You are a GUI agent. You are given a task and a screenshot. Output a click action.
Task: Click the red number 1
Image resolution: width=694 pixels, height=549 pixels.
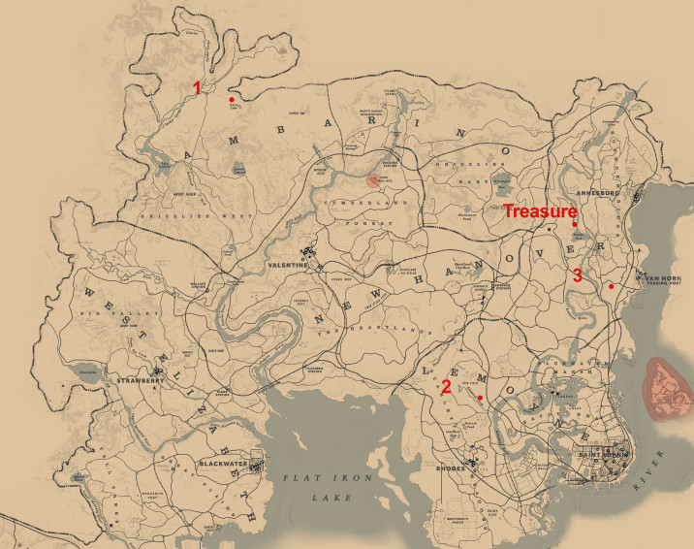[x=198, y=87]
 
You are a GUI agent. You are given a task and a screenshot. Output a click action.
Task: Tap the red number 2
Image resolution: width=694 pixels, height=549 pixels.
[x=445, y=386]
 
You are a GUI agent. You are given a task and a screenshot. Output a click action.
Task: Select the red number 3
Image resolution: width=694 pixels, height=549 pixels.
[x=577, y=274]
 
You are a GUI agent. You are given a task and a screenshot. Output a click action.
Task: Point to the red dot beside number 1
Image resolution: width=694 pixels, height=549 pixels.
[x=231, y=99]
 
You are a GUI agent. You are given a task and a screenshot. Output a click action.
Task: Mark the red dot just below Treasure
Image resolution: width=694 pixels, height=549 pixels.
[x=575, y=225]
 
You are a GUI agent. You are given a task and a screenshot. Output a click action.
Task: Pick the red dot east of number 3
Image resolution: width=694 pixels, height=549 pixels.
[x=611, y=286]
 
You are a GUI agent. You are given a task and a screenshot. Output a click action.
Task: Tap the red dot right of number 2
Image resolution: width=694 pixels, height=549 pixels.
[x=481, y=398]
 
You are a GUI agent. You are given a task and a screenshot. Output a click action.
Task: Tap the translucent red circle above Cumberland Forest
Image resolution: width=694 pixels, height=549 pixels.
[x=374, y=178]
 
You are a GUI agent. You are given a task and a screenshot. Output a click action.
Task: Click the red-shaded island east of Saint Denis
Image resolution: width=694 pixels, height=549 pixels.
[x=668, y=389]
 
